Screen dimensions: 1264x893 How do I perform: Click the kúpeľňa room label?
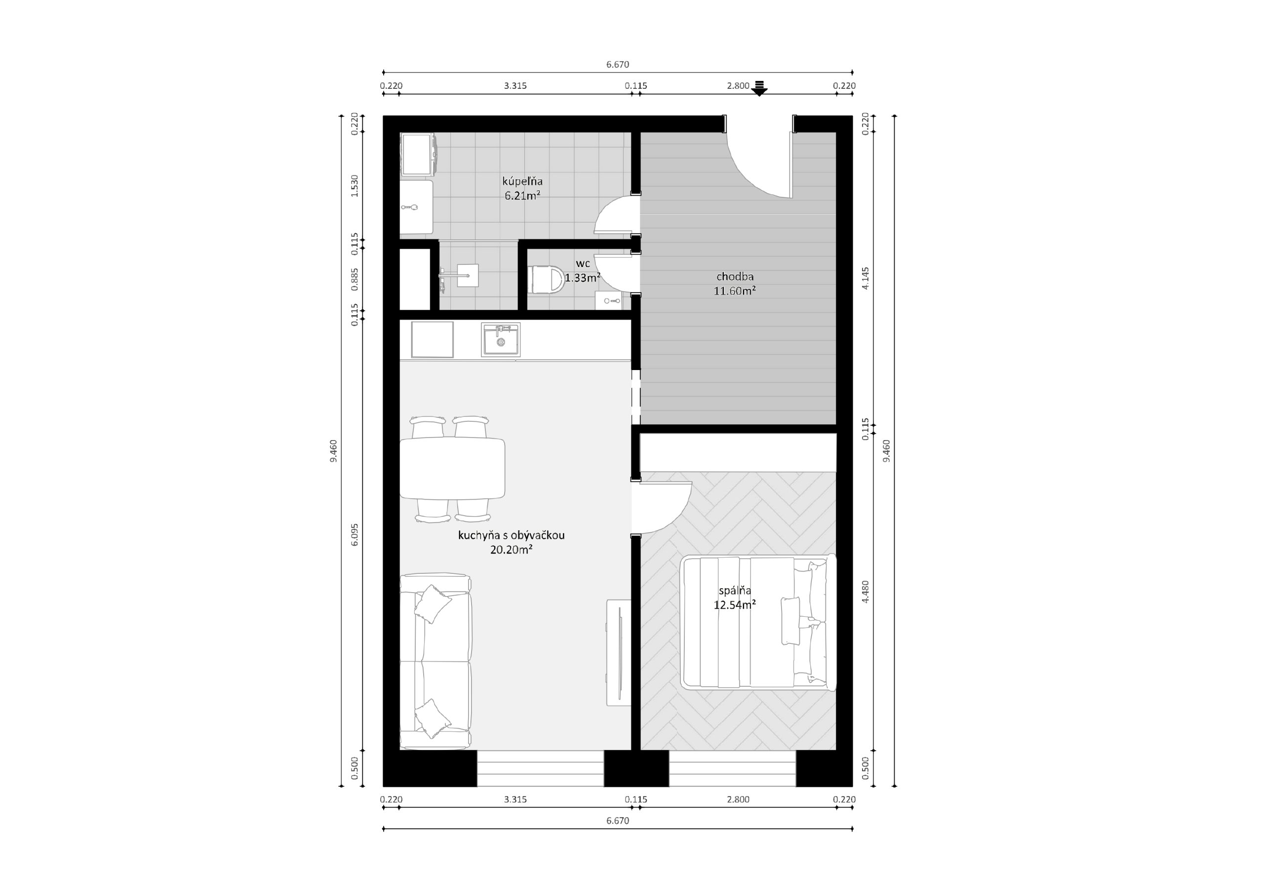tap(522, 181)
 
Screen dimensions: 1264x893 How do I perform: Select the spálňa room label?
tap(735, 591)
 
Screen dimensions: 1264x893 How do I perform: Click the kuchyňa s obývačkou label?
tap(512, 535)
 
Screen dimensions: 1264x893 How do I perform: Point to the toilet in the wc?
tap(546, 280)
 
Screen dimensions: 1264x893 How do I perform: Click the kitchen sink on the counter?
tap(501, 339)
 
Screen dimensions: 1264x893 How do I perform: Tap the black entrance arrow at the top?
tap(759, 88)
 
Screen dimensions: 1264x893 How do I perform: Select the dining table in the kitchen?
tap(452, 468)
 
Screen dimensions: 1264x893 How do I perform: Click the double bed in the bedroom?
tap(758, 622)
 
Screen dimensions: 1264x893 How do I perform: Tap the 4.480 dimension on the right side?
tap(866, 592)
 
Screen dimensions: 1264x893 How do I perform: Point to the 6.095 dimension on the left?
tap(355, 534)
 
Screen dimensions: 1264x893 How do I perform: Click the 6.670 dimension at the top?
tap(618, 64)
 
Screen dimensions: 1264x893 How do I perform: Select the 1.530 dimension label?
tap(355, 186)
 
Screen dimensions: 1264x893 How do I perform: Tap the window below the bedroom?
tap(732, 769)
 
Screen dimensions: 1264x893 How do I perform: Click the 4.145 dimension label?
tap(866, 278)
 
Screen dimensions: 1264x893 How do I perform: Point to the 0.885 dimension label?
tap(355, 280)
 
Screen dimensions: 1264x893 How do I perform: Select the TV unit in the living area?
tap(619, 653)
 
